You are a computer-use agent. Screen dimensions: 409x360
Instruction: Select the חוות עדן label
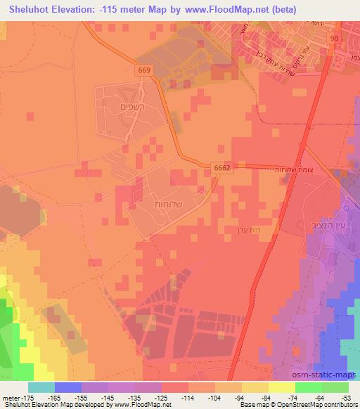pyautogui.click(x=247, y=229)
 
